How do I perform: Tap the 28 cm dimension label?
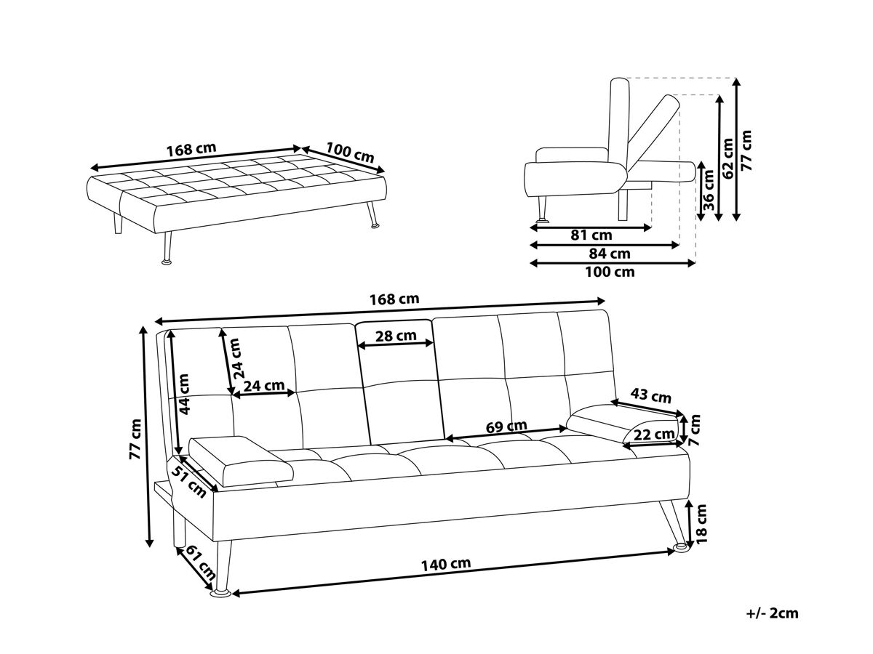pos(396,336)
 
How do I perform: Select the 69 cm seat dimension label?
pos(506,427)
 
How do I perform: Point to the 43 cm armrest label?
pos(650,395)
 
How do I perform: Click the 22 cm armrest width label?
pos(654,435)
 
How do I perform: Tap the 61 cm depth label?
pos(202,562)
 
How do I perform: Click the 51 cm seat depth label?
pos(188,481)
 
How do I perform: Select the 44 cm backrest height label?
pos(183,394)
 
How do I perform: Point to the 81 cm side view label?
pos(591,235)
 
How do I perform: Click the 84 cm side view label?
pos(610,254)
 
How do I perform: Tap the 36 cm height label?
pos(709,190)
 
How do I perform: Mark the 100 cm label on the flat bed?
pos(350,153)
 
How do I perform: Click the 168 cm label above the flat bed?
pos(191,149)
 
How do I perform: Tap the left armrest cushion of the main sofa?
pos(242,461)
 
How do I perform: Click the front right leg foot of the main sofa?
pos(681,548)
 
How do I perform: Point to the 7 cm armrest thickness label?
pos(695,430)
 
